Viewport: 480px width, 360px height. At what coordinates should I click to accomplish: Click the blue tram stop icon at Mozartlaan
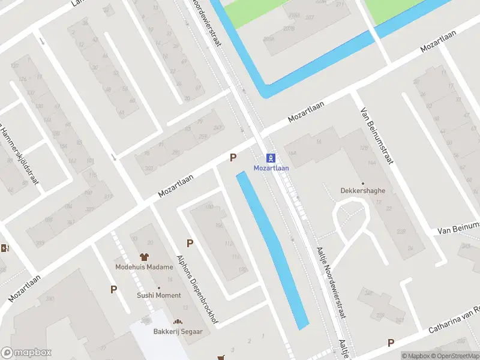click(271, 158)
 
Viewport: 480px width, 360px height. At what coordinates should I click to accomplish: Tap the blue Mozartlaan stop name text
click(271, 168)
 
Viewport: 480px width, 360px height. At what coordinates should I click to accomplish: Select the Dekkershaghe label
click(363, 191)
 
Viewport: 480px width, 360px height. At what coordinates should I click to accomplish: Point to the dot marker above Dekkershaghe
click(362, 183)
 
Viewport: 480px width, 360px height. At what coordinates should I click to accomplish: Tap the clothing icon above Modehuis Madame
click(144, 257)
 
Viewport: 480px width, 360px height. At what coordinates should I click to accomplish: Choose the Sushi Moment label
click(159, 295)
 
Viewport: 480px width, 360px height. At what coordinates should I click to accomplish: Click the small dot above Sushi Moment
click(159, 288)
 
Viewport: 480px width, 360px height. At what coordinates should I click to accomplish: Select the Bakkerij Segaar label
click(178, 331)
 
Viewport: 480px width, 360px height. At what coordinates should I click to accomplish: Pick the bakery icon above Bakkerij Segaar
click(178, 322)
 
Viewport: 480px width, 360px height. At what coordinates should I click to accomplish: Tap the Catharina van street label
click(454, 321)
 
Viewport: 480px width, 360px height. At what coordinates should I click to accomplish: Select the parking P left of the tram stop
click(233, 157)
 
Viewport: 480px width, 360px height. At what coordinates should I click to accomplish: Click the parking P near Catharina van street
click(391, 343)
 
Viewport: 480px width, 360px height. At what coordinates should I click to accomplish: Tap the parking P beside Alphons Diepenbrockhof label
click(190, 243)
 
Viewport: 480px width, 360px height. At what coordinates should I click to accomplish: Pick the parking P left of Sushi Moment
click(113, 289)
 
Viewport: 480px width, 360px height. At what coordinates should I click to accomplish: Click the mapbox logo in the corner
click(26, 353)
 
